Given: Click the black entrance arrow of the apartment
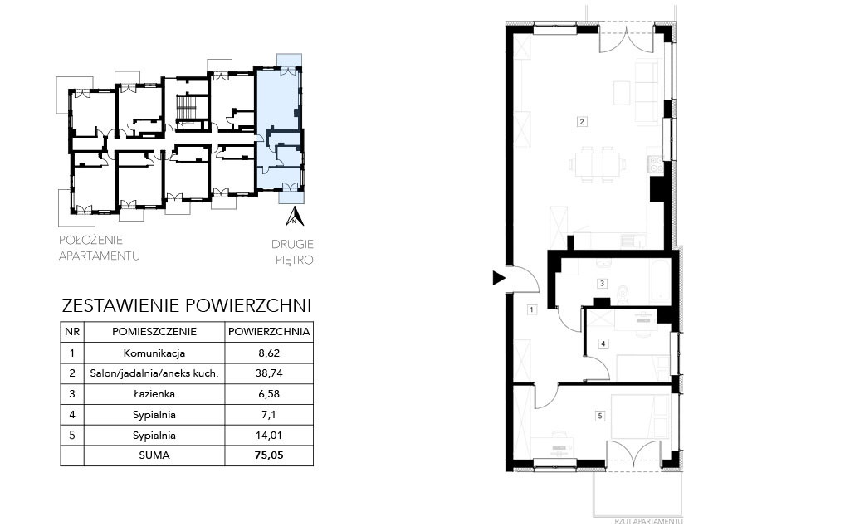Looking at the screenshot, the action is tap(498, 279).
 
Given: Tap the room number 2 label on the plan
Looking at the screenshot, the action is tap(582, 121).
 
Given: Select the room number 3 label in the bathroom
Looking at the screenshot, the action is tap(602, 283).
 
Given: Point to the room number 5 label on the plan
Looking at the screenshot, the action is tap(599, 417).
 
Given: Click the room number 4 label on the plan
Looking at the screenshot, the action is tap(603, 343).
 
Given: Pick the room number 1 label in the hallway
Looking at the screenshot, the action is tap(532, 310).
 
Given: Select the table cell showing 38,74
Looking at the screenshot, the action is tap(269, 373).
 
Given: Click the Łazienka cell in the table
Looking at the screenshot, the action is tap(154, 394).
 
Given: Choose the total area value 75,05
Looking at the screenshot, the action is tap(269, 455).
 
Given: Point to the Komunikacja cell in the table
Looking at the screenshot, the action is tap(154, 353).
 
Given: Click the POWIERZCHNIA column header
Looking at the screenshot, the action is tap(269, 332).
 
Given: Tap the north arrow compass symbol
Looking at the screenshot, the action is tap(295, 216).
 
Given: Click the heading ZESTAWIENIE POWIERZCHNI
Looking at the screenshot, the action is tap(187, 305).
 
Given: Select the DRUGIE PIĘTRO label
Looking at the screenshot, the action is tap(293, 252).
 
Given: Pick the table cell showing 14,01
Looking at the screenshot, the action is tap(269, 435).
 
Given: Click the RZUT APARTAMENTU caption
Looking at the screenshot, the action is tap(649, 521).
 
